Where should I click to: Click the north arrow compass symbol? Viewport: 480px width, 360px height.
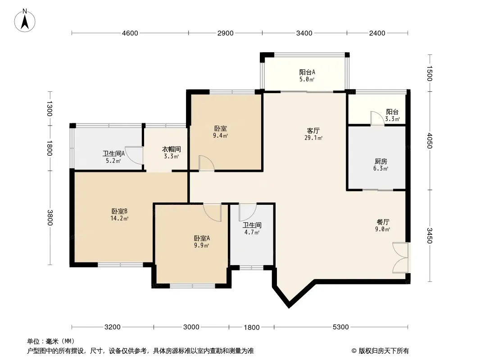25,20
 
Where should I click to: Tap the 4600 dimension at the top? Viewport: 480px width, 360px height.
130,33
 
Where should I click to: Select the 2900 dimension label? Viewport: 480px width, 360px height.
225,33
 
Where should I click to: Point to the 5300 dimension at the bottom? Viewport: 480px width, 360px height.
341,327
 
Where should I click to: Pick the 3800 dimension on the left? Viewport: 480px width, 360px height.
50,217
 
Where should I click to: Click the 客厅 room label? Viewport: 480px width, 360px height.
313,131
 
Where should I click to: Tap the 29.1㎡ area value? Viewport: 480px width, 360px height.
313,138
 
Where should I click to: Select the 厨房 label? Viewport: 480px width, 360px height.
381,162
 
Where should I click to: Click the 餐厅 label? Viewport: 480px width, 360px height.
383,222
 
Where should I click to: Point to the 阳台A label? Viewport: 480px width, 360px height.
307,72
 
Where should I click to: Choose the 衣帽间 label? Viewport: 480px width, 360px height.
172,149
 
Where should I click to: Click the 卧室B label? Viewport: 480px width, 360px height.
119,211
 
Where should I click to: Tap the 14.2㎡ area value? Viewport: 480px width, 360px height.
119,218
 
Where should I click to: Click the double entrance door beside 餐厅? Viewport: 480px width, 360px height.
400,257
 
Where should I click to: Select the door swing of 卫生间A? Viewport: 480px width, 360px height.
133,156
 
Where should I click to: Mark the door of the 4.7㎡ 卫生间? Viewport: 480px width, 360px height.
247,212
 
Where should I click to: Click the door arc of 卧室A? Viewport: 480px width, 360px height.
212,212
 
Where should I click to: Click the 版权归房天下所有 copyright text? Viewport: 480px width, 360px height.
380,351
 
